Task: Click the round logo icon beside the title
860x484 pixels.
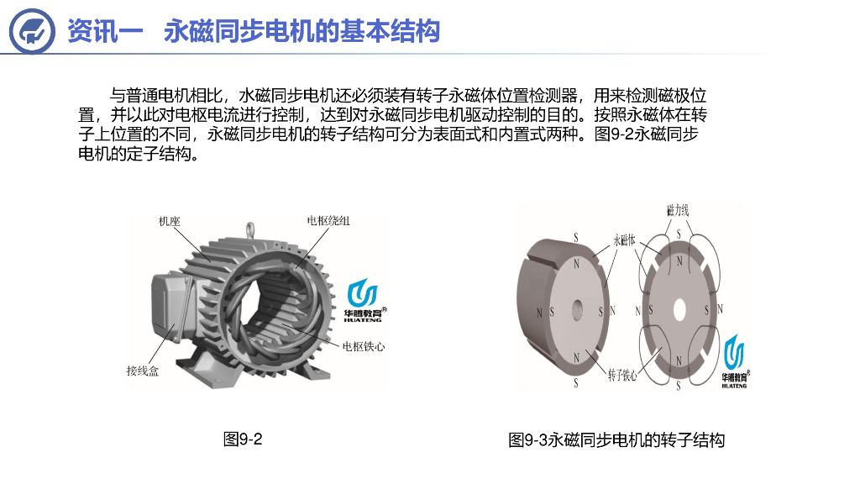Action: [32, 31]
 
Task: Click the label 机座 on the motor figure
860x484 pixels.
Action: [170, 221]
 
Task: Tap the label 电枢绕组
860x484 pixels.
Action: [328, 221]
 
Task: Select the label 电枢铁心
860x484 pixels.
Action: [363, 346]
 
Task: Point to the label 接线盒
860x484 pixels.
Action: [143, 371]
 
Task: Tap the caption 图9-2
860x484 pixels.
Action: [243, 439]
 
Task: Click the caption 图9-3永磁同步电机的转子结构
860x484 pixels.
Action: [616, 439]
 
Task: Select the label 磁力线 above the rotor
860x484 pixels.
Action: [678, 210]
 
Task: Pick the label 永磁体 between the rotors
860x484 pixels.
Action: [624, 240]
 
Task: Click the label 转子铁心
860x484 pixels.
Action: [622, 376]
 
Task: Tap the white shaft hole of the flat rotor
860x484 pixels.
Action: [679, 310]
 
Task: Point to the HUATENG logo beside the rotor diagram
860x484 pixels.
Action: [735, 361]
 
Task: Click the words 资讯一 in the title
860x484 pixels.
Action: [105, 31]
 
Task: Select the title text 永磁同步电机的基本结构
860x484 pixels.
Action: [302, 31]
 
